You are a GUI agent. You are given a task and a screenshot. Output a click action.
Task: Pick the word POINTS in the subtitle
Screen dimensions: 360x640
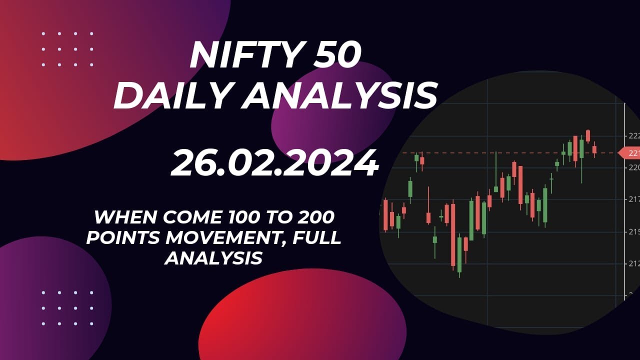pos(122,238)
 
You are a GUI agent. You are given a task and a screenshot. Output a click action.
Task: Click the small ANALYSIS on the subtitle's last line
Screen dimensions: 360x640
pos(214,258)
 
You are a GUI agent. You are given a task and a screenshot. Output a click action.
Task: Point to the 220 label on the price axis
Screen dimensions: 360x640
pos(632,167)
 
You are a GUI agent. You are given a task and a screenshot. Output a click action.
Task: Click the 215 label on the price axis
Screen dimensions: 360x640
pos(632,232)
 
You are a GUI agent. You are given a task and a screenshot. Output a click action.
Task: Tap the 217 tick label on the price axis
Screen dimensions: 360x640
pos(632,199)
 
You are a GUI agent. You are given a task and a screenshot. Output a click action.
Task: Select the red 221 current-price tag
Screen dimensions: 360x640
pos(629,152)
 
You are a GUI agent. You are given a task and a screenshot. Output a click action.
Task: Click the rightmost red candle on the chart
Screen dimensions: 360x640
pos(594,149)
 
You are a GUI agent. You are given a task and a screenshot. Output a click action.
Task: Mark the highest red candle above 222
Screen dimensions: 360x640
pos(588,135)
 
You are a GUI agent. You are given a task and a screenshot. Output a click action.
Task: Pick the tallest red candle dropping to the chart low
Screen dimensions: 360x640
pos(453,235)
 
